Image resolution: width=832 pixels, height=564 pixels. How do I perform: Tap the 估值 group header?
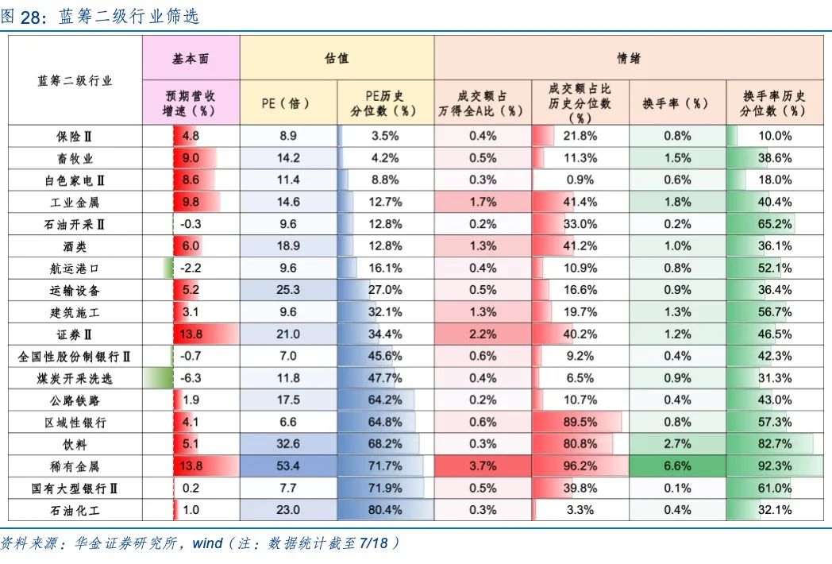click(337, 59)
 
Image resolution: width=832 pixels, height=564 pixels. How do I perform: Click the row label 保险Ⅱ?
click(75, 136)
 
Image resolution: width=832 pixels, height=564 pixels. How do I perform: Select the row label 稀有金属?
click(75, 465)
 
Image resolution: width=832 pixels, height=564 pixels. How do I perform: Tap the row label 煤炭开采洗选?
click(75, 378)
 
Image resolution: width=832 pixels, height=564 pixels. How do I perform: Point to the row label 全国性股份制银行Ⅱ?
click(75, 356)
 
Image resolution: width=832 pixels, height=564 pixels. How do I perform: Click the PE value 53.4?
click(289, 465)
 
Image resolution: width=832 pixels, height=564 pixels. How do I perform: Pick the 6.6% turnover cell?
click(677, 465)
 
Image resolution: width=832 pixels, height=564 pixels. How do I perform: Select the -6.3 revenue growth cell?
click(191, 378)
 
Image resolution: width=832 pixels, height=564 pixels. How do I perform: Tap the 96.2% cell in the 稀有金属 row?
click(580, 465)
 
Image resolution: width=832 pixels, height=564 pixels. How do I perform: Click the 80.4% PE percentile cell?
click(386, 510)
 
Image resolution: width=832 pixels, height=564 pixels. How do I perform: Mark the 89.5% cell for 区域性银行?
click(580, 422)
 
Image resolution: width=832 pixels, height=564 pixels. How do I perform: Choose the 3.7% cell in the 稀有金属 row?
click(483, 465)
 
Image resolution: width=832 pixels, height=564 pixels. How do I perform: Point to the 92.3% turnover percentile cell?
click(775, 465)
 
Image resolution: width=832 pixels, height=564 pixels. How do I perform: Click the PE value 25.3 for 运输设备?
click(289, 290)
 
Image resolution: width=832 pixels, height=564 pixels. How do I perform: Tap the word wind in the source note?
click(208, 544)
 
